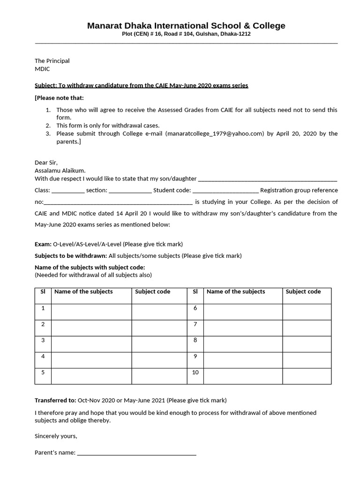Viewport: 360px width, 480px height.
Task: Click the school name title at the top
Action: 186,25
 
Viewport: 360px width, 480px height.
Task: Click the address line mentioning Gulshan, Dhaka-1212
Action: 186,34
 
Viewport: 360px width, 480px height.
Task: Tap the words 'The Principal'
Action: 52,60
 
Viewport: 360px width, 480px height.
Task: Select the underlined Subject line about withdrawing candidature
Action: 141,85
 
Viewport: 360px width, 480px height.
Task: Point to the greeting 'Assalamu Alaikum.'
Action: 60,171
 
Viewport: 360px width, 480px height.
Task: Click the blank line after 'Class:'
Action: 67,191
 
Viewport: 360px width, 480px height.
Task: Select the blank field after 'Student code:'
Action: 225,191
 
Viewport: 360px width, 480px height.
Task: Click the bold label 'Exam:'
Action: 43,244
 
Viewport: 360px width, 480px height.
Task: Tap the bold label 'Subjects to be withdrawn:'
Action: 71,256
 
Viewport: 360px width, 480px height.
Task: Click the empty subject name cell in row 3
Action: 91,344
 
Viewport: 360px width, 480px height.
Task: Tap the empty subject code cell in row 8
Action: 307,344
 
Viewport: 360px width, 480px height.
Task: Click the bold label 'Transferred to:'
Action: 55,400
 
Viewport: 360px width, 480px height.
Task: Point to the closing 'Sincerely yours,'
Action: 56,436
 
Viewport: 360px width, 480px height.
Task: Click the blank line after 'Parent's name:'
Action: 136,453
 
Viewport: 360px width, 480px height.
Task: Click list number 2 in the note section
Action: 48,126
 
